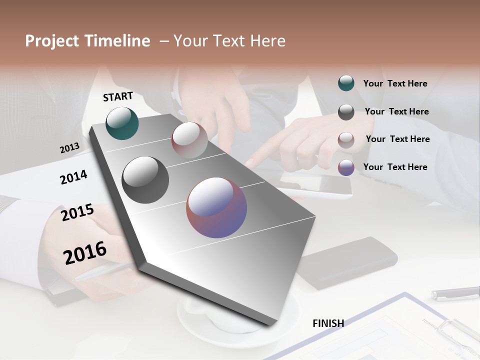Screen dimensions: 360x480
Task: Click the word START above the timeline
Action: [x=118, y=96]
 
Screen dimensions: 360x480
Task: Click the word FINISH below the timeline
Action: [x=328, y=323]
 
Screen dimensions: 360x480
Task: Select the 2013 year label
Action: [x=70, y=148]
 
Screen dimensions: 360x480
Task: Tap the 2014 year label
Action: [x=73, y=177]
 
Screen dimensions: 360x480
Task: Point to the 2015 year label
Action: [x=77, y=212]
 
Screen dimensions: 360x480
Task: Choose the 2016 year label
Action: [x=85, y=253]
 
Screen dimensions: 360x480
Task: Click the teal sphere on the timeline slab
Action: [x=122, y=123]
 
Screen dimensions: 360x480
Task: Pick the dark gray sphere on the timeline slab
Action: [x=145, y=180]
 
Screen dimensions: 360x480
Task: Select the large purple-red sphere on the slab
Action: [x=216, y=207]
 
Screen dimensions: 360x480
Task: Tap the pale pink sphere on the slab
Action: [x=189, y=140]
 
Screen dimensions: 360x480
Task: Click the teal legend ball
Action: [x=346, y=83]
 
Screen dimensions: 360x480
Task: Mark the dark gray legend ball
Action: [x=346, y=111]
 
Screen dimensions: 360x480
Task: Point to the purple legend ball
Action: [x=346, y=167]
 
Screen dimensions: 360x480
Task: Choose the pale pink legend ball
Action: [x=346, y=139]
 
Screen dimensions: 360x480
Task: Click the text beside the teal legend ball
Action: [x=395, y=83]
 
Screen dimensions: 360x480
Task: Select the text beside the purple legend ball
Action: [x=395, y=167]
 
